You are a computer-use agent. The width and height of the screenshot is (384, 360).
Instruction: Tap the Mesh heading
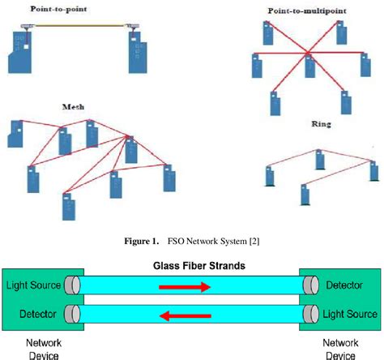pyautogui.click(x=73, y=106)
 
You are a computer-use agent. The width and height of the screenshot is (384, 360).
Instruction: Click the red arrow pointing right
pyautogui.click(x=183, y=286)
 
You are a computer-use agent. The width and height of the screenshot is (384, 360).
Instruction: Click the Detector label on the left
pyautogui.click(x=23, y=315)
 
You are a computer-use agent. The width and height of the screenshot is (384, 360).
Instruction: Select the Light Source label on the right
pyautogui.click(x=346, y=315)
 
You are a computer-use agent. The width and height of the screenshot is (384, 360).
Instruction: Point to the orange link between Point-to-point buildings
pyautogui.click(x=79, y=27)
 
